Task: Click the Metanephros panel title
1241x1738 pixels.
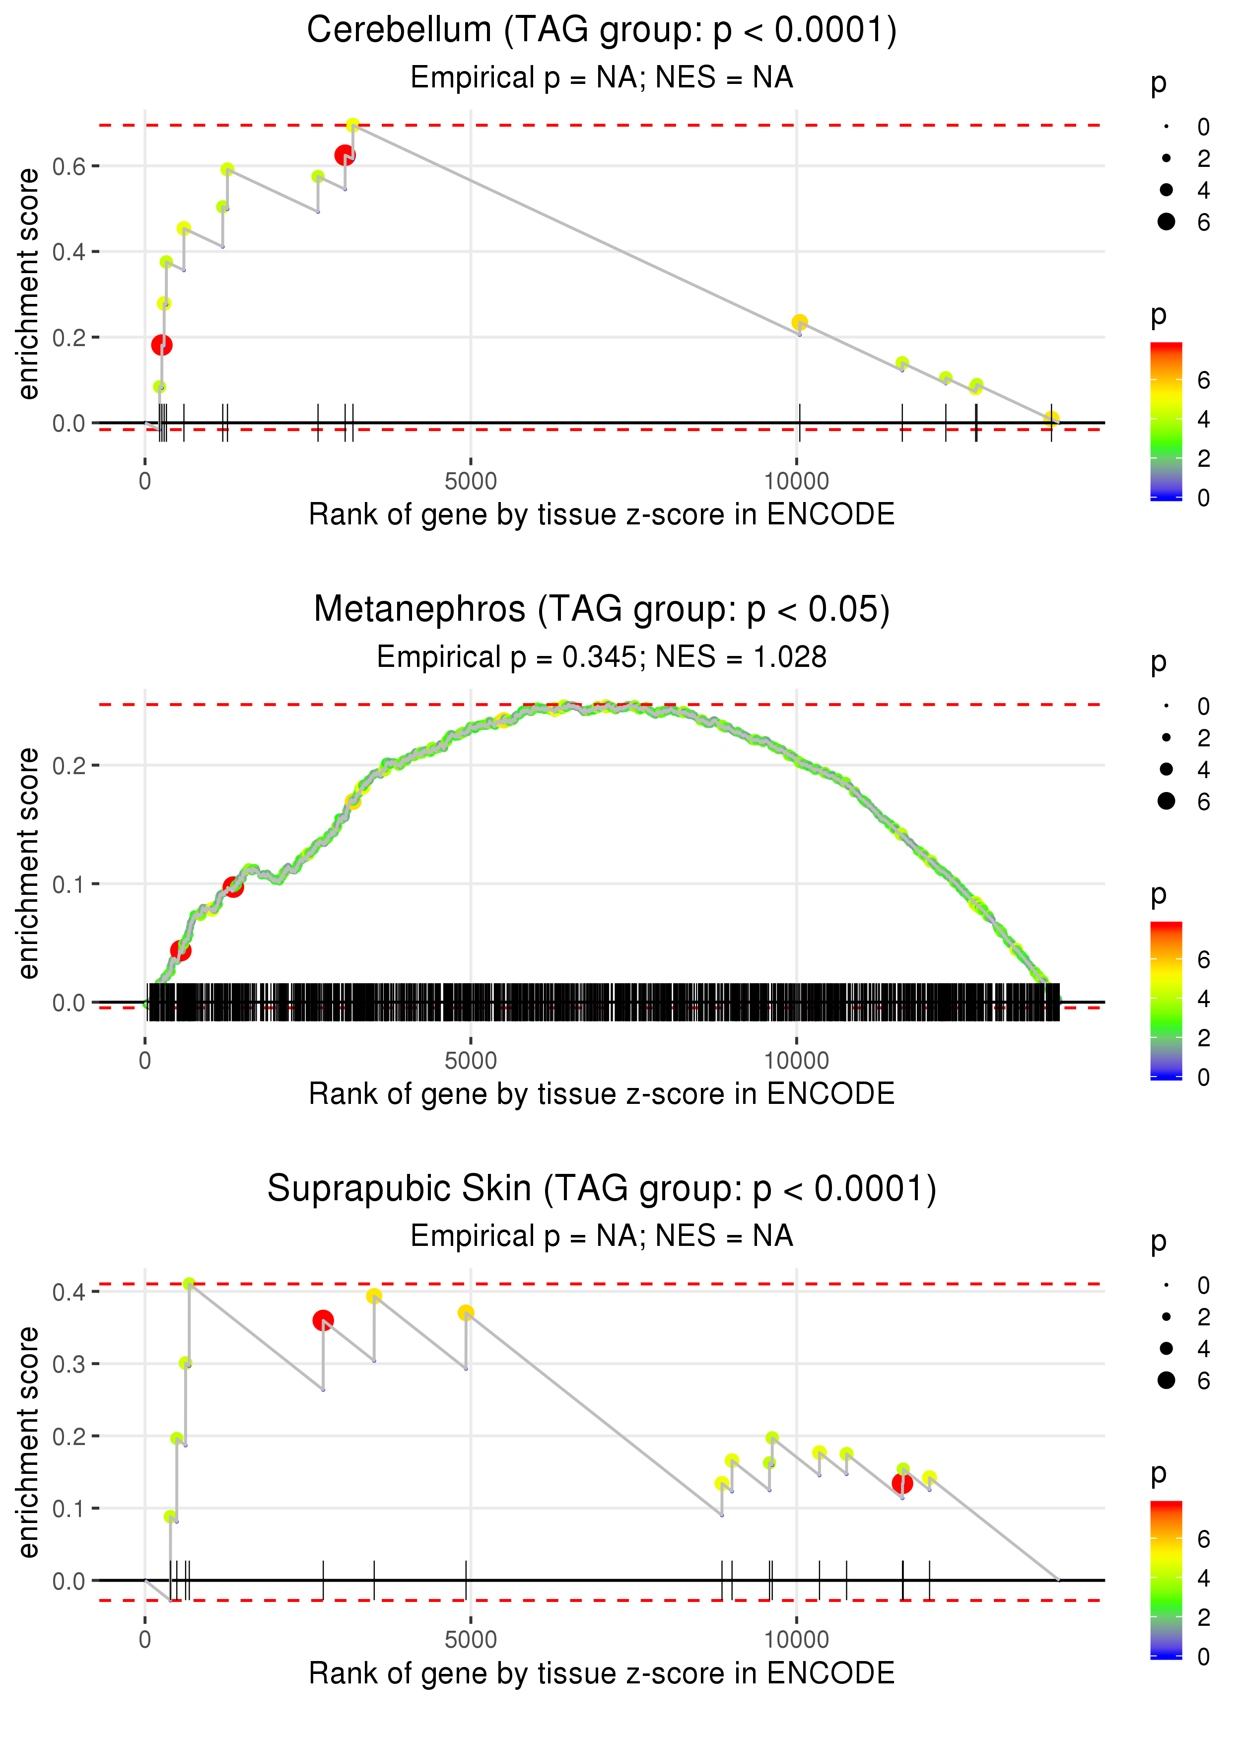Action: [602, 610]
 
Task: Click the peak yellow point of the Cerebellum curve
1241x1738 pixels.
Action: [352, 125]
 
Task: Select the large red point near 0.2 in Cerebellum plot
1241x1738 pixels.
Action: [161, 346]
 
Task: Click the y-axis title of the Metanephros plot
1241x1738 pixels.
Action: [28, 863]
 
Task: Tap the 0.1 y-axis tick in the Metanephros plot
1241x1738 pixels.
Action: [69, 885]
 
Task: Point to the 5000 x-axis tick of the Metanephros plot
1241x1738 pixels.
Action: [471, 1061]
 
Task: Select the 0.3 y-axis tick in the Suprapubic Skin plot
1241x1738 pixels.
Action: [69, 1364]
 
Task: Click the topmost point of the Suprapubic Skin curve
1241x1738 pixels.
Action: [189, 1284]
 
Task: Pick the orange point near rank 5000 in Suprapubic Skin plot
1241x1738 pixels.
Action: [466, 1313]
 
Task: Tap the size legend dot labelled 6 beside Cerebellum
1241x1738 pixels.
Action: [1166, 221]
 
